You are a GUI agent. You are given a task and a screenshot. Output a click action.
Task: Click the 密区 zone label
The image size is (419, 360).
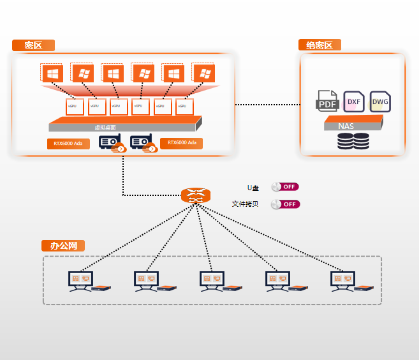coord(33,45)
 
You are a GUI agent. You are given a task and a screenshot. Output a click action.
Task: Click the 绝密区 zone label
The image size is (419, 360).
coord(320,45)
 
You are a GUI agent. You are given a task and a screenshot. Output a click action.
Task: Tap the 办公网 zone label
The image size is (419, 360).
coord(63,246)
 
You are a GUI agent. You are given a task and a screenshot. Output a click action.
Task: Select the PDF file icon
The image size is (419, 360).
coord(328,101)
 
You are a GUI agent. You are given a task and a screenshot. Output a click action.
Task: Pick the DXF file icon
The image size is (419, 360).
coord(353,101)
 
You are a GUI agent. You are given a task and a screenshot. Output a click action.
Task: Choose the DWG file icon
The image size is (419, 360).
coord(379,101)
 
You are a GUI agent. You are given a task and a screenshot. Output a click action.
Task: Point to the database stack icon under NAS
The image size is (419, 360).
coord(353,142)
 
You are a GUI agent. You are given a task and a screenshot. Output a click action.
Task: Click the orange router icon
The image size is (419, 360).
coord(195,195)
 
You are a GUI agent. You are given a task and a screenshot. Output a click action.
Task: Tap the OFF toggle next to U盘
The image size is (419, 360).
coord(285,187)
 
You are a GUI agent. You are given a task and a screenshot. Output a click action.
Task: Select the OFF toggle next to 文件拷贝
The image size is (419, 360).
coord(285,204)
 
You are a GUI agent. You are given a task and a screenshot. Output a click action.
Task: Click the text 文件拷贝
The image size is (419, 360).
coord(245,204)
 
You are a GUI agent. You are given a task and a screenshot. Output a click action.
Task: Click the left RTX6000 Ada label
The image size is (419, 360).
coord(68,144)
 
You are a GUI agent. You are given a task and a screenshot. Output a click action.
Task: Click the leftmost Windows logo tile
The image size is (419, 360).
coord(51,73)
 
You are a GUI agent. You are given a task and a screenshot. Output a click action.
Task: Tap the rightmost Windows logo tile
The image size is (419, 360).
coord(204,73)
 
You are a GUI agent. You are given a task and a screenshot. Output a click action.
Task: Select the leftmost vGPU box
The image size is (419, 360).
coord(75,106)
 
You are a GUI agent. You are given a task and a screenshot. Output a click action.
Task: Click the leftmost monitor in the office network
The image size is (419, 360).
coord(80,280)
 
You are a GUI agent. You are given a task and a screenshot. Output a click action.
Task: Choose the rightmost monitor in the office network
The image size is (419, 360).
coord(342,280)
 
